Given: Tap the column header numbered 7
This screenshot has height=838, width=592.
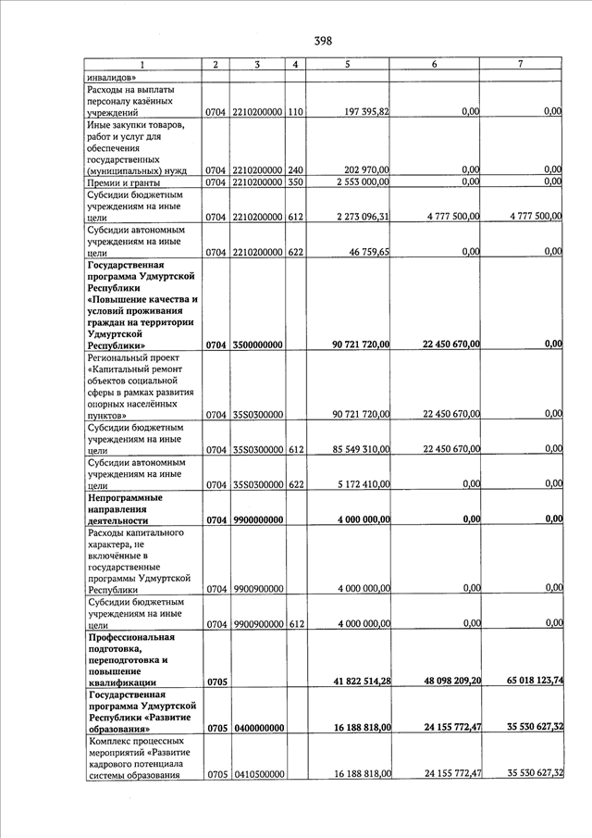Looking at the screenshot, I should [521, 64].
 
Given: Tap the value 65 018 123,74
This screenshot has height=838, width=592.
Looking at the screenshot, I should [524, 682].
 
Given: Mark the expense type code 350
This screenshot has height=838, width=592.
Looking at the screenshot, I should [295, 182].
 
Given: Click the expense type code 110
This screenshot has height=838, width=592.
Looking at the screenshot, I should [295, 112].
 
